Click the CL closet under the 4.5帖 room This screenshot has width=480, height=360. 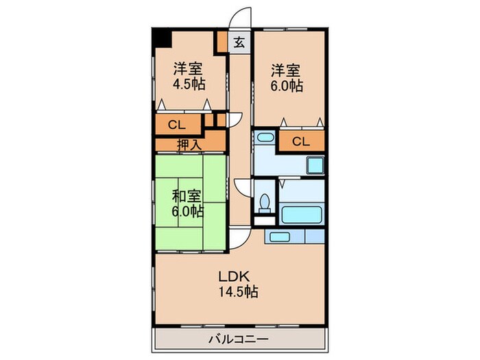(x=176, y=125)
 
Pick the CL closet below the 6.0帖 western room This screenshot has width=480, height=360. (x=300, y=142)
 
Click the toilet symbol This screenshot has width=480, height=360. (x=265, y=204)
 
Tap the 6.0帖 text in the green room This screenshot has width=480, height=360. (x=187, y=211)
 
